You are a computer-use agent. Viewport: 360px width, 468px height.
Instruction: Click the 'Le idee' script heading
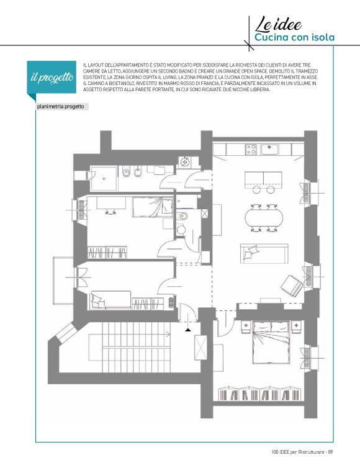(x=278, y=24)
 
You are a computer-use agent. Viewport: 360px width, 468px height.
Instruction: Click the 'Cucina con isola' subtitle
(x=294, y=38)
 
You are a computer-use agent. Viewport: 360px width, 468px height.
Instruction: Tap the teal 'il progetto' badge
(x=52, y=78)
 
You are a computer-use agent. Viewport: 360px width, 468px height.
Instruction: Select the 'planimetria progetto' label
(x=60, y=107)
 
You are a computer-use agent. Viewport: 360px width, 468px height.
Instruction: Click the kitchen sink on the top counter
(x=270, y=149)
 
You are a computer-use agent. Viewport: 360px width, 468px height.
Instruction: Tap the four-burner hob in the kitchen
(x=251, y=149)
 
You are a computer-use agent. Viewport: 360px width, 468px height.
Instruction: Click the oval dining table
(x=264, y=218)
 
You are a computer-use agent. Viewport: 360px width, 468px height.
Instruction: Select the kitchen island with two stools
(x=263, y=180)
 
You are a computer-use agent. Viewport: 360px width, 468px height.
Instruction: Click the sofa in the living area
(x=264, y=253)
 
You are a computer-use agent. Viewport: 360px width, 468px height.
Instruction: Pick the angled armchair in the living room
(x=292, y=286)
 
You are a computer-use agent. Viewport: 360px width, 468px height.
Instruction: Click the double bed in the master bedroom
(x=271, y=342)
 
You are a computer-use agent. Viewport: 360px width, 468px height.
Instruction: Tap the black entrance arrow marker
(x=188, y=330)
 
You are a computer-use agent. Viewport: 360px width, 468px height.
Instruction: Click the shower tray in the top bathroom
(x=104, y=179)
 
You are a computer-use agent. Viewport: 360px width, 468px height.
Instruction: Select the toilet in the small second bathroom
(x=181, y=215)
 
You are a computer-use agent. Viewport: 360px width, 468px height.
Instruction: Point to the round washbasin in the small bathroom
(x=181, y=230)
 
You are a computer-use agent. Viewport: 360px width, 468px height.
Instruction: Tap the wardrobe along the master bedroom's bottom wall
(x=259, y=394)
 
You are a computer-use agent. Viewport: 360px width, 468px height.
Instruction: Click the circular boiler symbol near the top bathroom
(x=184, y=162)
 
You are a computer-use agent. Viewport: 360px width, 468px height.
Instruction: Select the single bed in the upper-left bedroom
(x=153, y=207)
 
